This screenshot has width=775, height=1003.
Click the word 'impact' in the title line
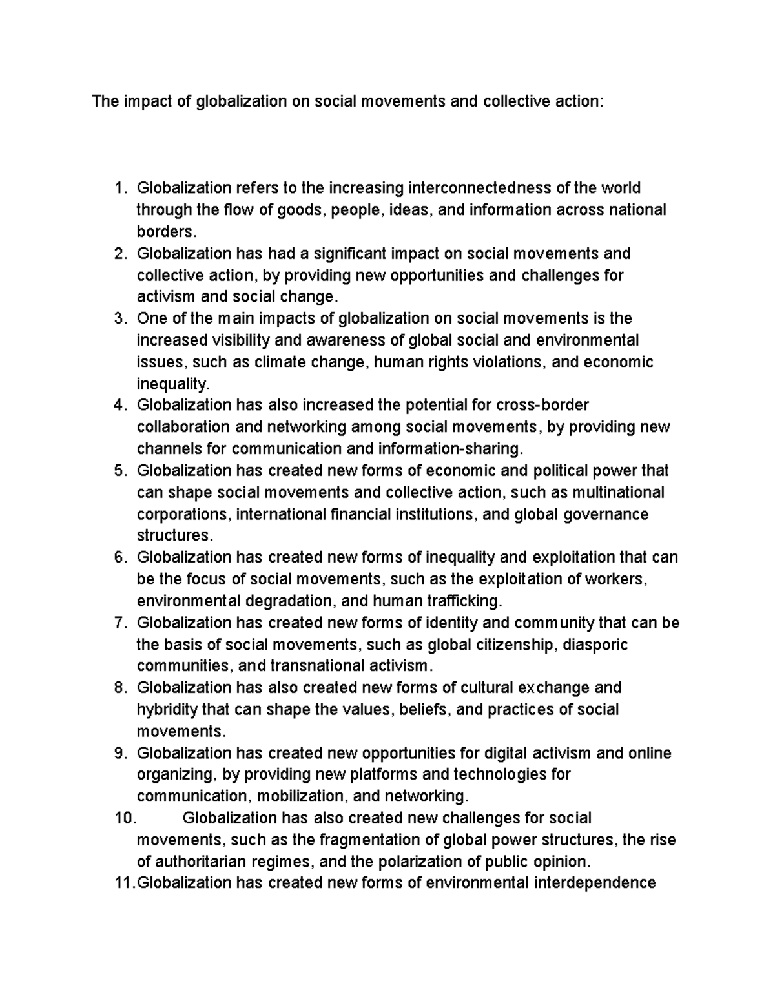pyautogui.click(x=140, y=101)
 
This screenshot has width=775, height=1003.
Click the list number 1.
pyautogui.click(x=118, y=188)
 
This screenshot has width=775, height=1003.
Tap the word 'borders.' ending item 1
pyautogui.click(x=165, y=231)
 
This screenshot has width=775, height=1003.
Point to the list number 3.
pyautogui.click(x=118, y=318)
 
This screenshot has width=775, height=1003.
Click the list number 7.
pyautogui.click(x=118, y=623)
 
